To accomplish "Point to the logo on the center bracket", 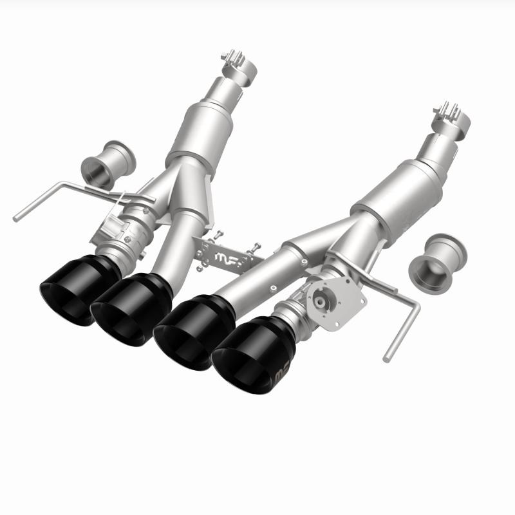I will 227,259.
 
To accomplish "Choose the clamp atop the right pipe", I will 448,113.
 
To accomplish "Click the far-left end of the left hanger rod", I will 17,218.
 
